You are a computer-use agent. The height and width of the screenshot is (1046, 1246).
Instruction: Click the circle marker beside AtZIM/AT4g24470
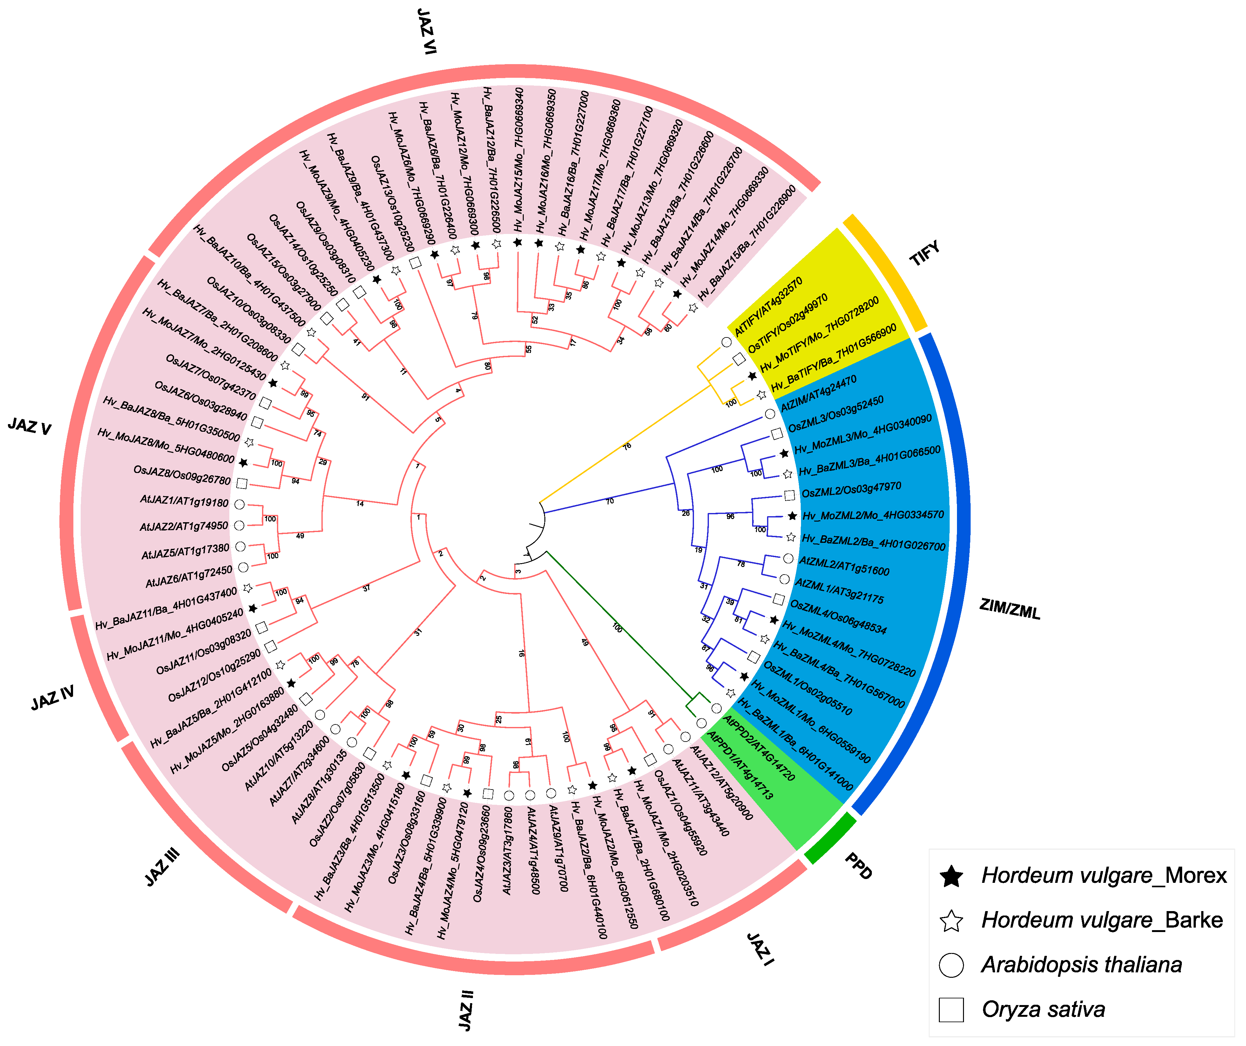(x=770, y=414)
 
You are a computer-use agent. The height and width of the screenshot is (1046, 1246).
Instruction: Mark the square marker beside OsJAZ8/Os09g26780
(x=241, y=483)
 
